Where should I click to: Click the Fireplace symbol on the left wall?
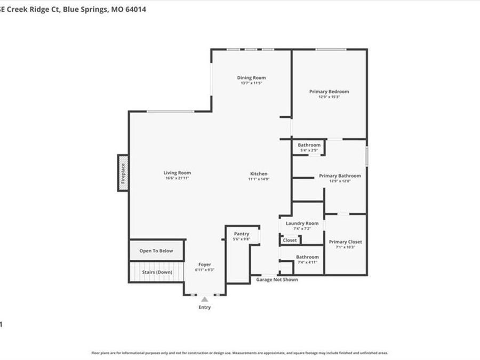pyautogui.click(x=123, y=172)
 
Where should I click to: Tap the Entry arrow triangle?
pyautogui.click(x=204, y=300)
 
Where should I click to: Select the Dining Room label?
pyautogui.click(x=251, y=78)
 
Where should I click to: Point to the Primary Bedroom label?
pyautogui.click(x=329, y=92)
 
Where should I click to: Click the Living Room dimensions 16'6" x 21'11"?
pyautogui.click(x=177, y=178)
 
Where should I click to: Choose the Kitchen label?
pyautogui.click(x=259, y=173)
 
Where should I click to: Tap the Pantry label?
pyautogui.click(x=242, y=234)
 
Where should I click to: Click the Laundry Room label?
pyautogui.click(x=302, y=223)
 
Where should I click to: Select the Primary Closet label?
pyautogui.click(x=345, y=242)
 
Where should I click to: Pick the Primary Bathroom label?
pyautogui.click(x=340, y=175)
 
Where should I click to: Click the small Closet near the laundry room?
pyautogui.click(x=290, y=240)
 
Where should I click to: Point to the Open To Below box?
pyautogui.click(x=156, y=251)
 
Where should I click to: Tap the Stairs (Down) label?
pyautogui.click(x=157, y=272)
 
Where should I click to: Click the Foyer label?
pyautogui.click(x=205, y=265)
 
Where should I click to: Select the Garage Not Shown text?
pyautogui.click(x=277, y=279)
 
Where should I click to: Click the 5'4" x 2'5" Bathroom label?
pyautogui.click(x=309, y=145)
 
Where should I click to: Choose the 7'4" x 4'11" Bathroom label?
pyautogui.click(x=307, y=257)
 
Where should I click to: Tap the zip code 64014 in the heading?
pyautogui.click(x=135, y=9)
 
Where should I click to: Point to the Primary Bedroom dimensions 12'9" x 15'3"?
pyautogui.click(x=329, y=97)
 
